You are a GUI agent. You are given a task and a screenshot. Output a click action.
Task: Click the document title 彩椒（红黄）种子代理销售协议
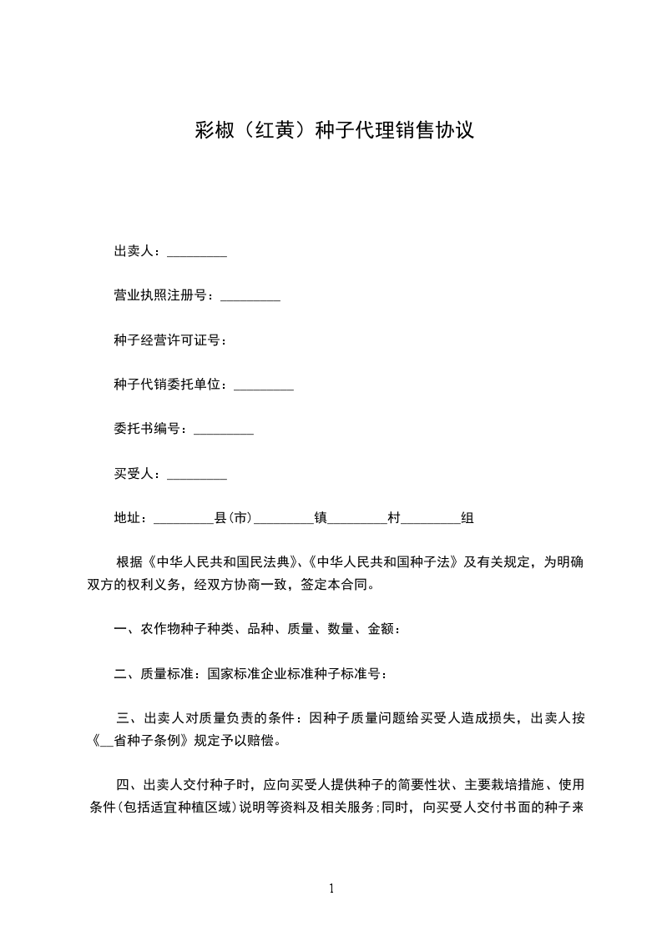[x=333, y=131]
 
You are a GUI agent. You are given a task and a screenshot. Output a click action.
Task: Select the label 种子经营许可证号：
[x=170, y=340]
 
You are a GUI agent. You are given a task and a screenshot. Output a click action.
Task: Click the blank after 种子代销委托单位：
[x=264, y=385]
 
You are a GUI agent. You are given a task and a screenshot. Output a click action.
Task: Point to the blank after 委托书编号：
[x=224, y=430]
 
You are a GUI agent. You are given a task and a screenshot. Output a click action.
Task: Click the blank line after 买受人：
[x=197, y=475]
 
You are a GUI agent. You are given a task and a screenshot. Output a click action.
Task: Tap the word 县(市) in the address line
[x=234, y=519]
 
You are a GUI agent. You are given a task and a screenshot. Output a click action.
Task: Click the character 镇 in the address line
[x=320, y=519]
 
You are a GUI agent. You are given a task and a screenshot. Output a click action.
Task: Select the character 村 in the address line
[x=394, y=519]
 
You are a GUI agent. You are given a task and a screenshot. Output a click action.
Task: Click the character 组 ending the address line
[x=467, y=519]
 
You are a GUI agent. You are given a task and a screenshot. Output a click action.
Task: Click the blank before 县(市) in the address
[x=184, y=519]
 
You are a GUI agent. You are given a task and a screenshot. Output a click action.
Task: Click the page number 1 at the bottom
[x=331, y=888]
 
